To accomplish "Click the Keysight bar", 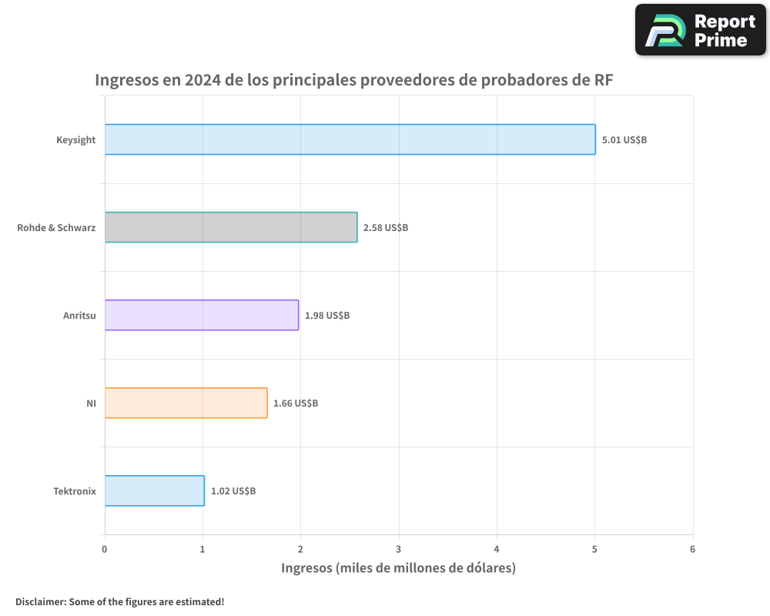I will tap(350, 139).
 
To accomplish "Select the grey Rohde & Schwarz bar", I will tap(231, 227).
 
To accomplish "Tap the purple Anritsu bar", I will tap(202, 315).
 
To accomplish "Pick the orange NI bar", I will tap(186, 403).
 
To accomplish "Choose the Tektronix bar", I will tap(154, 490).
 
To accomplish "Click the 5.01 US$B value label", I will tap(624, 140).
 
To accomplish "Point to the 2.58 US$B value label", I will tap(386, 228).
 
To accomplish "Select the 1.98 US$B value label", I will tap(327, 316).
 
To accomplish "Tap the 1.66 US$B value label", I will tap(296, 403).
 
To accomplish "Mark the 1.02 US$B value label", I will tap(233, 491).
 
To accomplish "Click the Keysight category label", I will tap(75, 140).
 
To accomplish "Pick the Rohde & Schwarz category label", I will tap(56, 228).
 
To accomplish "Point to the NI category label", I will tap(91, 403).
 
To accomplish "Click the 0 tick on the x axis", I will tap(105, 549).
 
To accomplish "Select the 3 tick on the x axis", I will tap(399, 549).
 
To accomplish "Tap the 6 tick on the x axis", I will tap(692, 549).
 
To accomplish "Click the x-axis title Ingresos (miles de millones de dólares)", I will tap(398, 568).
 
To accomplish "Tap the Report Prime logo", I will tap(701, 30).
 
